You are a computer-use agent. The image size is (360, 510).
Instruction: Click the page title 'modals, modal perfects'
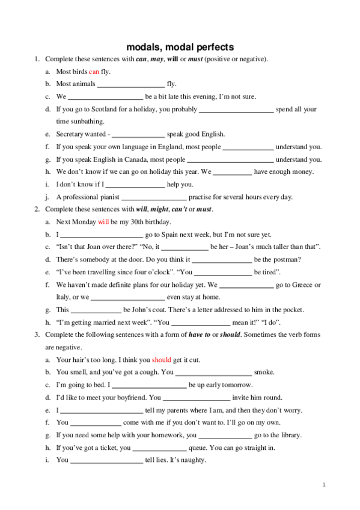[180, 47]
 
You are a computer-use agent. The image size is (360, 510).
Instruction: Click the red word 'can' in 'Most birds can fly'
[94, 72]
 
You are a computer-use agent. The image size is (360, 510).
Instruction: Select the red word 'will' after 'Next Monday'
[103, 222]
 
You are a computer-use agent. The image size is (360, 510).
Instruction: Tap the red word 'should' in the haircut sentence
[162, 360]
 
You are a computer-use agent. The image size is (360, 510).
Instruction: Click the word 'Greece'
[307, 285]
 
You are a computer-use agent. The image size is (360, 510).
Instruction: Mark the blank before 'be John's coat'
[96, 310]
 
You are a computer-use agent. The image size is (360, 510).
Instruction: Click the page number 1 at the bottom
[324, 484]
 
